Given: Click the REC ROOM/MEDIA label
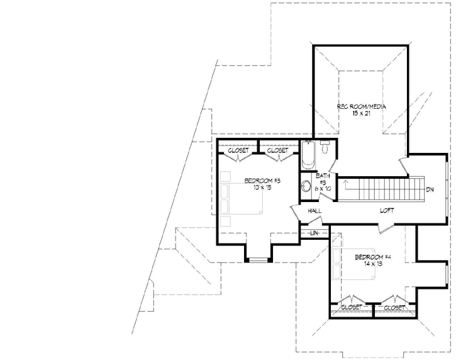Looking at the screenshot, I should (362, 107).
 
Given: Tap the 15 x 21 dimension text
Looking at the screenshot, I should (362, 113).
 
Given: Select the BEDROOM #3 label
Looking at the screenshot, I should (262, 181).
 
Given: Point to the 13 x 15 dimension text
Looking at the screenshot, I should (262, 188).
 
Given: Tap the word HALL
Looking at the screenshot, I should (315, 211).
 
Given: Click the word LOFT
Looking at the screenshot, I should (386, 211).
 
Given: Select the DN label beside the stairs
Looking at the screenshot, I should (430, 189).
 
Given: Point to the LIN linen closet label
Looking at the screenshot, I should (314, 233).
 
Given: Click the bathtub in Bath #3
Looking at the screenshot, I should (308, 155).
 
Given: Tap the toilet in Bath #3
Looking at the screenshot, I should (325, 149).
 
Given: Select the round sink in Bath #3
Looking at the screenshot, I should (306, 186).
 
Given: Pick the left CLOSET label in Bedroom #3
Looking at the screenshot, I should (238, 151).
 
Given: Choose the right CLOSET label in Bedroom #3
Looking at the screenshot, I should (277, 151).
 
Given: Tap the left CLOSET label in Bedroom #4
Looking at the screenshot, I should (351, 308).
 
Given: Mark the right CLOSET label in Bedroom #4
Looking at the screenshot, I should (394, 308).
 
